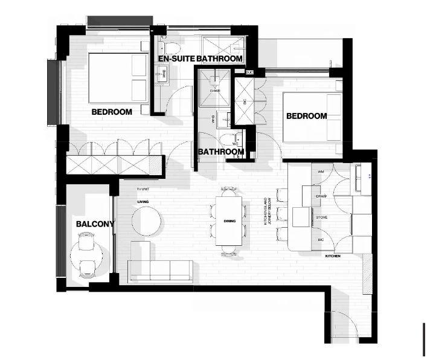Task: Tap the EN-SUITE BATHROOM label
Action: point(200,59)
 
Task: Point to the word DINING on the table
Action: point(229,222)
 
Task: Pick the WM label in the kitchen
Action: point(320,172)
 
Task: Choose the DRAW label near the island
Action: point(321,196)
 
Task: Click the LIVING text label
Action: point(143,202)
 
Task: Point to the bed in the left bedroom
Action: point(118,78)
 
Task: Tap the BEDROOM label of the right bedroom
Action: point(306,116)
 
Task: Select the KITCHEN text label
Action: point(333,256)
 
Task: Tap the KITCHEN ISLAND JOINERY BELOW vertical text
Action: point(268,211)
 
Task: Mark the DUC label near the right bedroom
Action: point(249,72)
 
